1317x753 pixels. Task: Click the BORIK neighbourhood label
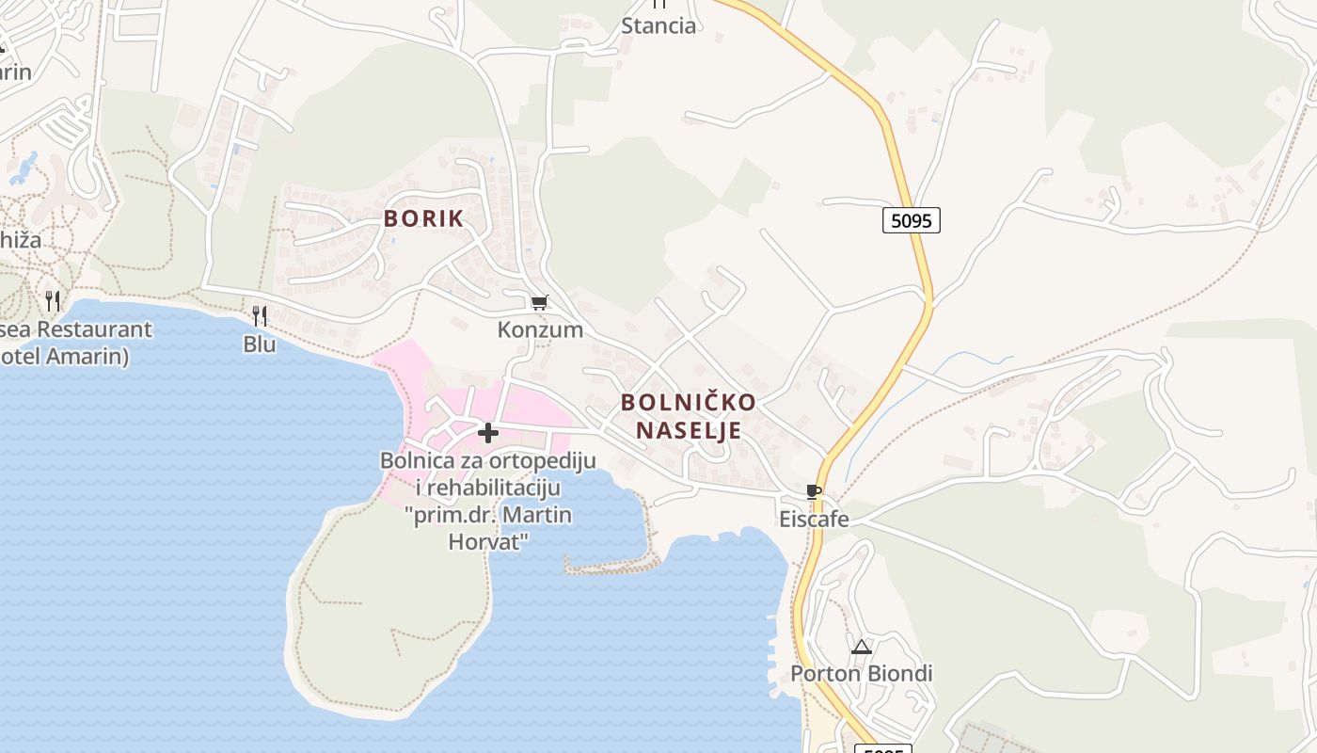coord(423,218)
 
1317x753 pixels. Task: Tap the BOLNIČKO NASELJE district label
coord(689,416)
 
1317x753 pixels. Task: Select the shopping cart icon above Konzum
coord(539,303)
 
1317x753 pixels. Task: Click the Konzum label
coord(540,330)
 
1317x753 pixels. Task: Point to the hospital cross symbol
coord(488,433)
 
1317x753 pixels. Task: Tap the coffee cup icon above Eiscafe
coord(814,492)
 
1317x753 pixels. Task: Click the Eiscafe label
coord(814,520)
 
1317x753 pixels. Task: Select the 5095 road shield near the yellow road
coord(912,220)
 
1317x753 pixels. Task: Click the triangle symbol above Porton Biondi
coord(862,647)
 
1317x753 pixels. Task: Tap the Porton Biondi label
coord(861,674)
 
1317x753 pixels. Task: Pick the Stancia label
coord(658,25)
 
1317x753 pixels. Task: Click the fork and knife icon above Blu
coord(260,315)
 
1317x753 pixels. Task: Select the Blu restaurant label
coord(260,344)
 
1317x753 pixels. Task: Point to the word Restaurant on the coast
coord(94,330)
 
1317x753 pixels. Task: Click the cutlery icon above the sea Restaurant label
coord(54,301)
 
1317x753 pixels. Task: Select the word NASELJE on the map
coord(689,430)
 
